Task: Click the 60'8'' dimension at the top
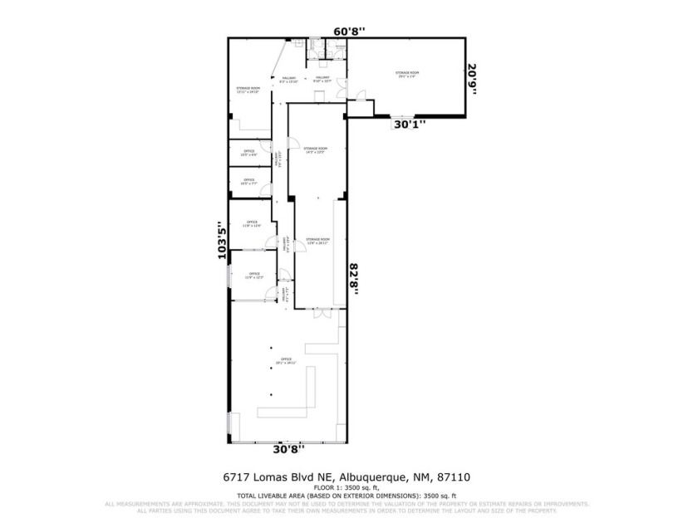[x=350, y=31]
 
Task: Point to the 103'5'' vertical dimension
[x=222, y=241]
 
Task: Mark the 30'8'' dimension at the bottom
[x=288, y=448]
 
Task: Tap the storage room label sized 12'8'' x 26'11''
[x=317, y=241]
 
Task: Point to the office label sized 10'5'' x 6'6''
[x=248, y=153]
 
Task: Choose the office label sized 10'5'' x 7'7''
[x=248, y=181]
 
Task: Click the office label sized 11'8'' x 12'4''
[x=253, y=223]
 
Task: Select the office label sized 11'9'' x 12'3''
[x=253, y=275]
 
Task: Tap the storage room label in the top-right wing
[x=406, y=74]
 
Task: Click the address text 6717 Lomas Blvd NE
[x=278, y=477]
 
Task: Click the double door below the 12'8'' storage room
[x=322, y=314]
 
